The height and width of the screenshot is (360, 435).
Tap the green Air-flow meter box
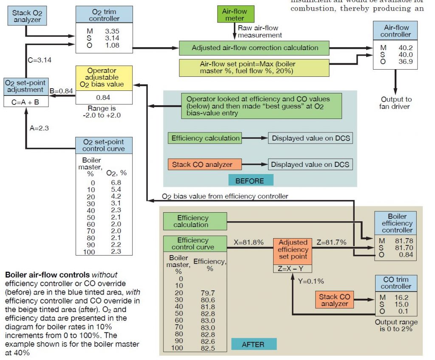(234, 14)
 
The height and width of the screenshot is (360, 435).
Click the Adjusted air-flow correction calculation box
(254, 48)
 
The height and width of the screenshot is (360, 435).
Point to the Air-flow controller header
(395, 31)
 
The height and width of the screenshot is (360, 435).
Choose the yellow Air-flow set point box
(254, 67)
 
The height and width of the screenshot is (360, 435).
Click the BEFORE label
(250, 180)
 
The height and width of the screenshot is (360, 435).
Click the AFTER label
(253, 344)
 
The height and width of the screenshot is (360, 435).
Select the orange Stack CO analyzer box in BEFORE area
(206, 164)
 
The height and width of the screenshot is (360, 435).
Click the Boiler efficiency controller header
(397, 223)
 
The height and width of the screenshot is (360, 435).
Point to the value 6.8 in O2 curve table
(116, 183)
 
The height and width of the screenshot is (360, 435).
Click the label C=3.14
(40, 60)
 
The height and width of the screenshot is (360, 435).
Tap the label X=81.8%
(249, 242)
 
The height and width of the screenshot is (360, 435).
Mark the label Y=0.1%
(311, 281)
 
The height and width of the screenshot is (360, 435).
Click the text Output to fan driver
(395, 103)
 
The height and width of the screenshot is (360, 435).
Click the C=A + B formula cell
(25, 102)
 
